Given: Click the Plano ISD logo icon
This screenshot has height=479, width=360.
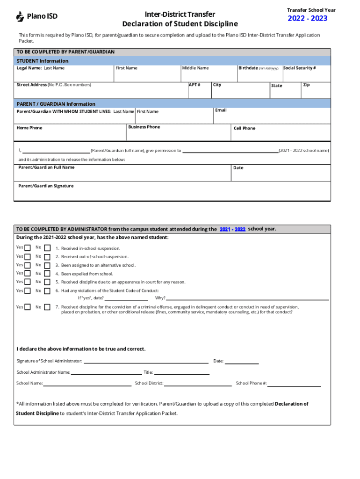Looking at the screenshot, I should pyautogui.click(x=20, y=17).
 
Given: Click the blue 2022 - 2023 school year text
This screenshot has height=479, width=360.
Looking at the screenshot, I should pyautogui.click(x=307, y=19).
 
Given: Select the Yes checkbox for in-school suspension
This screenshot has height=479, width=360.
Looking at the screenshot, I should pyautogui.click(x=28, y=248).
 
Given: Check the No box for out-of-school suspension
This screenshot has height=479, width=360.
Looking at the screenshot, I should pyautogui.click(x=47, y=257).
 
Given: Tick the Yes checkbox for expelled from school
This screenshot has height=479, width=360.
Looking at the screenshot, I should pyautogui.click(x=28, y=274).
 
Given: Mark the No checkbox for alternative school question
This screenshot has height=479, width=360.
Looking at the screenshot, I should pyautogui.click(x=47, y=265).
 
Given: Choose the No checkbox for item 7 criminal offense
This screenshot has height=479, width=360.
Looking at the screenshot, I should pyautogui.click(x=47, y=307).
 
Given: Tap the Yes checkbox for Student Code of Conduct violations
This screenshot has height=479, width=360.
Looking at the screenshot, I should pyautogui.click(x=28, y=291).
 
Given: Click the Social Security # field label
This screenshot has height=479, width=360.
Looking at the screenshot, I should pyautogui.click(x=299, y=68).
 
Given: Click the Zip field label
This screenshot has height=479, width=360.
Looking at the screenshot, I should pyautogui.click(x=306, y=85).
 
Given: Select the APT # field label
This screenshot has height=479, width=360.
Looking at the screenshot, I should pyautogui.click(x=194, y=85).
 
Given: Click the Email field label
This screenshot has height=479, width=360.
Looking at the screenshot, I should pyautogui.click(x=221, y=110).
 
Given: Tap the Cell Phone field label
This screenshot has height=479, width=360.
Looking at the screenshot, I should pyautogui.click(x=244, y=128).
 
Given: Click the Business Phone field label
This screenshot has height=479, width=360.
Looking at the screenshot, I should pyautogui.click(x=144, y=127).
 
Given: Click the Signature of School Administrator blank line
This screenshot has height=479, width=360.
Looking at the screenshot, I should pyautogui.click(x=146, y=362).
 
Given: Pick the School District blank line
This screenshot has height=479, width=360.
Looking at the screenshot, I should pyautogui.click(x=197, y=384).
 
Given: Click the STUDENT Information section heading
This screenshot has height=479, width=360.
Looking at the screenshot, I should pyautogui.click(x=43, y=61).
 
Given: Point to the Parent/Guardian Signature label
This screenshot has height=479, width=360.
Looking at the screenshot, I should pyautogui.click(x=46, y=186).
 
